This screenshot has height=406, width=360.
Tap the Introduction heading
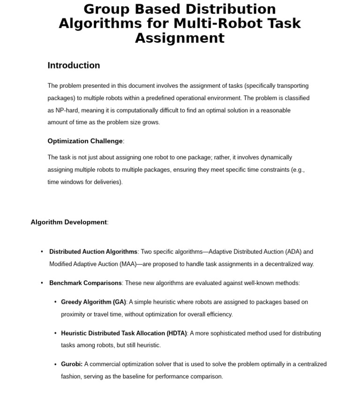coord(74,66)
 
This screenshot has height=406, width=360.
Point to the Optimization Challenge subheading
coord(85,141)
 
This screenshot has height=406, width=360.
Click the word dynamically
coord(276,158)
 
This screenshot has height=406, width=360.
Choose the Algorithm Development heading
coord(68,222)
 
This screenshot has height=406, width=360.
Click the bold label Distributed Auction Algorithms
coord(93,252)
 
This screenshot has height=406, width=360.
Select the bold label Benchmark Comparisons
coord(85,283)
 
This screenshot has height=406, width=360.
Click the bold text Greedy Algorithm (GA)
coord(93,302)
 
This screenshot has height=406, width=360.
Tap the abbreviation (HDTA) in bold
coord(177,333)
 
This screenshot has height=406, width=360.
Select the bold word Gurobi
coord(71,364)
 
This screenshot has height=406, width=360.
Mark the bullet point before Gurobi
coord(55,364)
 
